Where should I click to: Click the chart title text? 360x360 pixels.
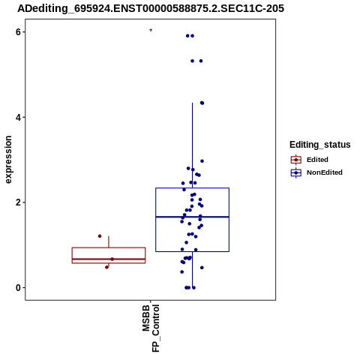tap(151, 8)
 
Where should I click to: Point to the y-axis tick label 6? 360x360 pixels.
tap(18, 32)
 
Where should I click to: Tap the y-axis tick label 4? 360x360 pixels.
tap(18, 117)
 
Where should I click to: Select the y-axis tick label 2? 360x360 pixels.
tap(18, 202)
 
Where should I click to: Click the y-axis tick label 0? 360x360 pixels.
tap(18, 288)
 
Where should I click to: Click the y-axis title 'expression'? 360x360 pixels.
tap(8, 160)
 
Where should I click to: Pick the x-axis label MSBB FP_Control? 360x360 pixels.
tap(151, 328)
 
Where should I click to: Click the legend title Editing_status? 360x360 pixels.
tap(320, 145)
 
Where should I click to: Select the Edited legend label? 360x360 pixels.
tap(317, 160)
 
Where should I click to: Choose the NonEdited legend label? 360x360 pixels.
tap(325, 172)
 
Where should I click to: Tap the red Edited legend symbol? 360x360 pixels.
tap(296, 160)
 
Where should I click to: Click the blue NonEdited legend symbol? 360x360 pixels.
tap(296, 172)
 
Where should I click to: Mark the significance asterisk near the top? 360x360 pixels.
tap(151, 31)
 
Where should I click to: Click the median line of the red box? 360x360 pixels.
tap(109, 259)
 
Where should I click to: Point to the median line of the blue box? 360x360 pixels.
tap(193, 217)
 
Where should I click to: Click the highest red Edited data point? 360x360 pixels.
tap(100, 236)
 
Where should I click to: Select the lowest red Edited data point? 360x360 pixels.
tap(107, 267)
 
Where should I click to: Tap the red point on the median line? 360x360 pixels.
tap(112, 259)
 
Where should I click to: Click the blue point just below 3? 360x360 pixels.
tap(202, 161)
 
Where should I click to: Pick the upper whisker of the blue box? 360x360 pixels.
tap(193, 145)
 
